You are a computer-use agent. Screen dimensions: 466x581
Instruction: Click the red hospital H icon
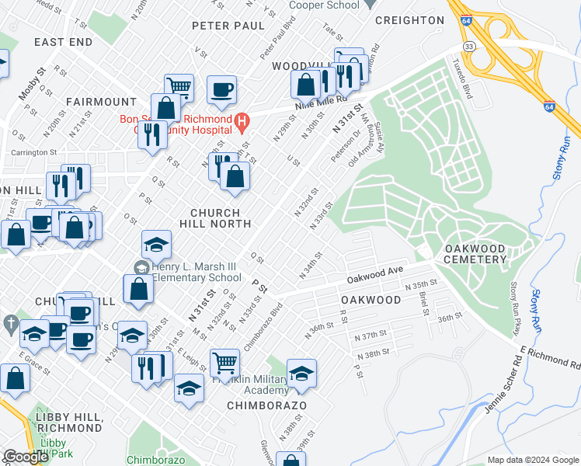242,120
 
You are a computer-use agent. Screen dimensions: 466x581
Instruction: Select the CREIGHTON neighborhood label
409,20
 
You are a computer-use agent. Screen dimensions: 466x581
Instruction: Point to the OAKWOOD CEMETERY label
475,254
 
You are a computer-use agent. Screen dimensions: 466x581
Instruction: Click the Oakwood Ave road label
376,273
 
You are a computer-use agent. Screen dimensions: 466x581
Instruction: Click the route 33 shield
468,47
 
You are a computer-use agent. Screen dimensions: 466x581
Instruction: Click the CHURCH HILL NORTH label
221,218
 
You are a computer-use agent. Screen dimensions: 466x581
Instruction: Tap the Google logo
26,457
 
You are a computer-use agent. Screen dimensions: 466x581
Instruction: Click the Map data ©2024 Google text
532,460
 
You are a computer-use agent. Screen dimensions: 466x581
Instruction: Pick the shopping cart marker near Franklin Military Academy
224,362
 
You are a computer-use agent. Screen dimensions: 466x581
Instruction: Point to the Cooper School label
324,5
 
